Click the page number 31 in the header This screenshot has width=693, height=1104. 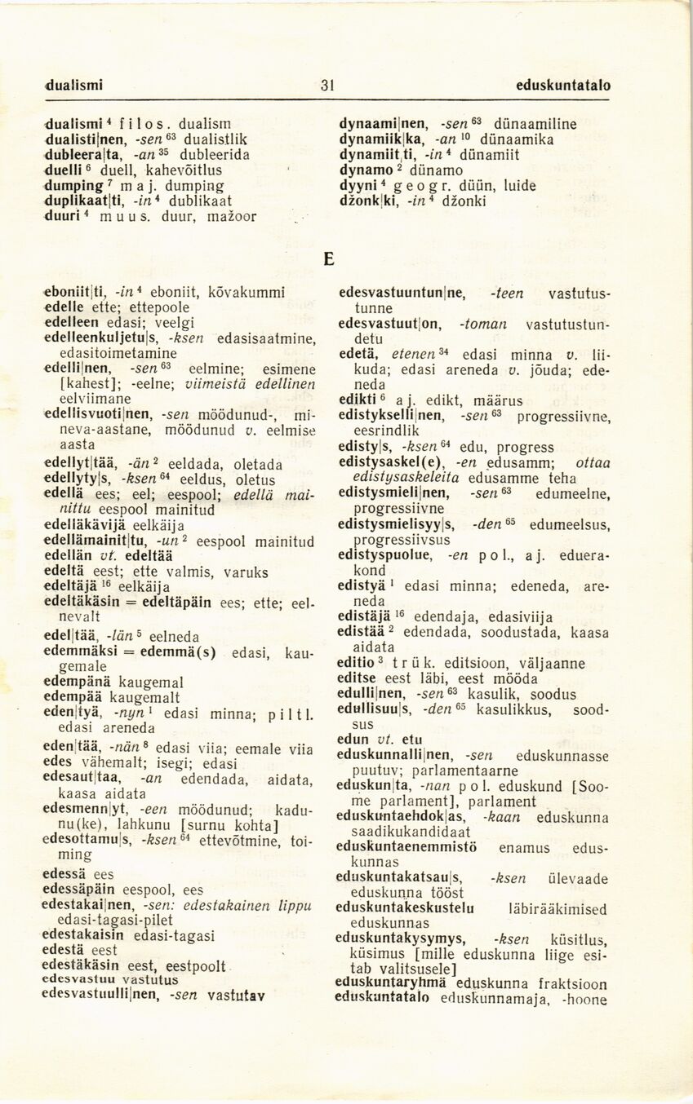pos(328,85)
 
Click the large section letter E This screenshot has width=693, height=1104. pos(329,259)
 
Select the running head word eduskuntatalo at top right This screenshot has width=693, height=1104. pos(563,85)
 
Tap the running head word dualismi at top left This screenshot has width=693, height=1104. pos(74,85)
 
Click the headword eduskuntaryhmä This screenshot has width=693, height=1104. pos(388,983)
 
